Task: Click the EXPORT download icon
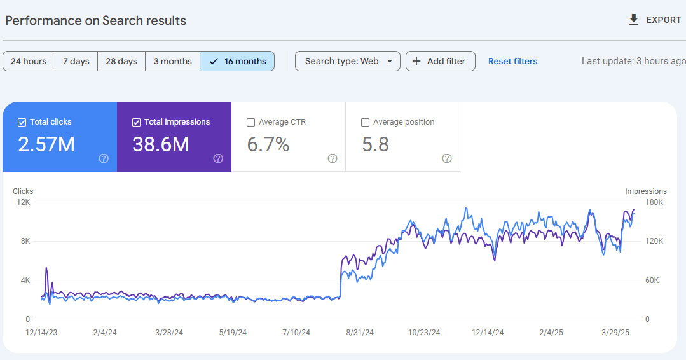pos(633,20)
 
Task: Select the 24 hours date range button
pos(29,61)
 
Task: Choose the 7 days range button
pos(76,61)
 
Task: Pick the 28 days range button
pos(121,61)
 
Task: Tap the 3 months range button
pos(172,61)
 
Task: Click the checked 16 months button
pos(237,61)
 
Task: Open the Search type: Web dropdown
pos(348,61)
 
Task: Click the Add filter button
pos(441,61)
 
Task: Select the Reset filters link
pos(512,61)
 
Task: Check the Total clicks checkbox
pos(22,123)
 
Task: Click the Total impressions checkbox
pos(137,123)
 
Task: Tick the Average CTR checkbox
pos(250,123)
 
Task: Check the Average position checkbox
pos(366,123)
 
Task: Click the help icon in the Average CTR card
pos(333,158)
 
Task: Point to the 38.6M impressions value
pos(161,144)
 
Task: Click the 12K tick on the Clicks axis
pos(23,202)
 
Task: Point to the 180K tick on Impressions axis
pos(654,202)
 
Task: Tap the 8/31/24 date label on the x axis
pos(360,333)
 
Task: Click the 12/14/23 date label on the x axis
pos(41,333)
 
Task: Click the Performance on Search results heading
pos(96,20)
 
